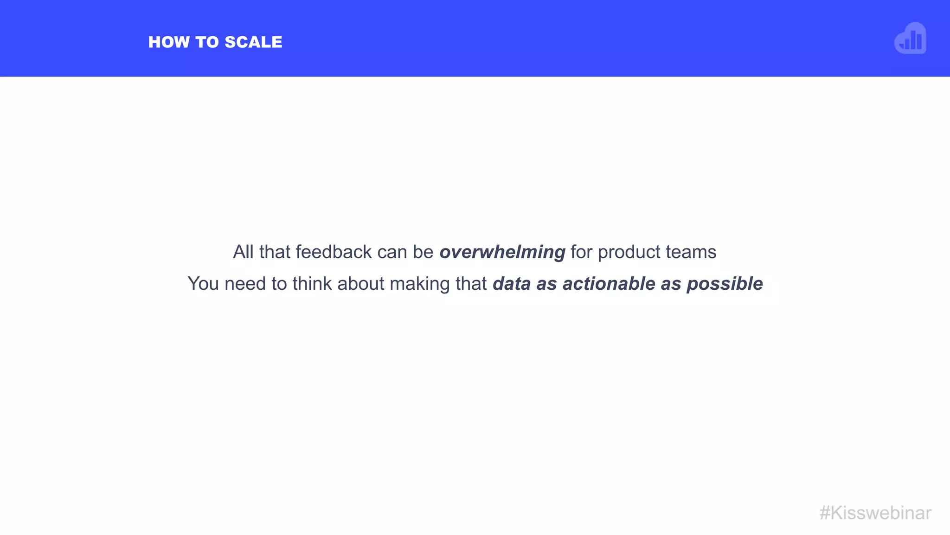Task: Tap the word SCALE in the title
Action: tap(253, 42)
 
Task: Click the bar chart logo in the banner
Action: tap(910, 39)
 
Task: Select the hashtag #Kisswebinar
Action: tap(875, 513)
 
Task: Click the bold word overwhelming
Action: tap(502, 252)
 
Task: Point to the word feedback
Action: tap(334, 252)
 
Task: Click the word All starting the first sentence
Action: tap(243, 252)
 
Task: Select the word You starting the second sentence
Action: tap(203, 284)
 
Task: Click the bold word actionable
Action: tap(609, 284)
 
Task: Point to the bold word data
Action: tap(512, 284)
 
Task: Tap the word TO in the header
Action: tap(207, 42)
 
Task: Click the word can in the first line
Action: tap(392, 252)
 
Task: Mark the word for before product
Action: tap(582, 252)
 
